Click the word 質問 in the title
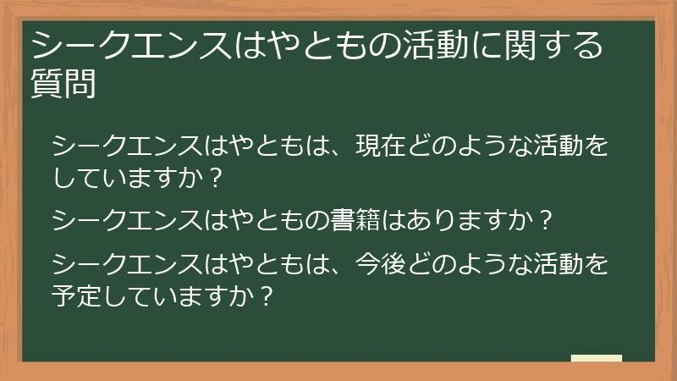(x=63, y=83)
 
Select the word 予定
(x=81, y=295)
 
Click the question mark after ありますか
(x=546, y=221)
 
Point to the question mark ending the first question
(x=216, y=178)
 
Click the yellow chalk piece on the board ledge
(x=596, y=358)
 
